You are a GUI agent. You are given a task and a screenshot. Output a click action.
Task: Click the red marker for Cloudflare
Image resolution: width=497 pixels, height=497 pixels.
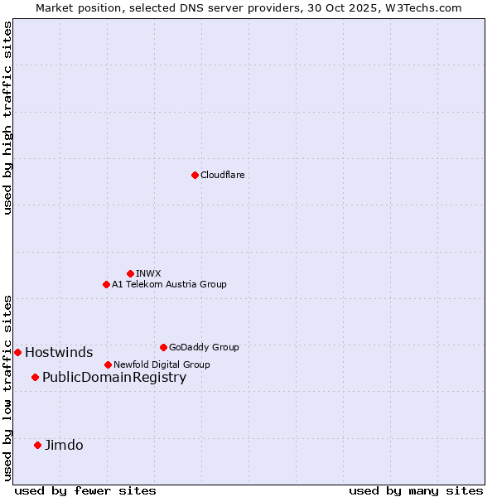[x=195, y=175]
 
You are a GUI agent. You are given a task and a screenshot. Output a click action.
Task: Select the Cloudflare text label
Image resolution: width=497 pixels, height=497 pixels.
[x=222, y=175]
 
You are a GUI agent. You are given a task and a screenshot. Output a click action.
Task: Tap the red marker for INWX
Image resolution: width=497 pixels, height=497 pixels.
[x=130, y=273]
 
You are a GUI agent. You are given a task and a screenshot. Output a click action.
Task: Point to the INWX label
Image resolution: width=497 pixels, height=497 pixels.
[x=148, y=273]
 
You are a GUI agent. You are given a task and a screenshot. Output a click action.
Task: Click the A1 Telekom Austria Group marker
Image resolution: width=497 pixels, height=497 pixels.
[x=106, y=284]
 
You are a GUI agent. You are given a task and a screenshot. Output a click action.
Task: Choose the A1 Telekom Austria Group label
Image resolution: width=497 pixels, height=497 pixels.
[x=169, y=284]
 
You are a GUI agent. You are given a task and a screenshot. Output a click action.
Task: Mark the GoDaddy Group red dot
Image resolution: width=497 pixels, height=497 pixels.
[x=163, y=347]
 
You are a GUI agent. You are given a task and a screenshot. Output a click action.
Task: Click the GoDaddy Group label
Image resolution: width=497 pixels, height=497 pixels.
[x=204, y=347]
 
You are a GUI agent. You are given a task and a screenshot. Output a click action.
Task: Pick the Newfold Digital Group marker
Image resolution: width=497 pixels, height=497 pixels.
[x=108, y=364]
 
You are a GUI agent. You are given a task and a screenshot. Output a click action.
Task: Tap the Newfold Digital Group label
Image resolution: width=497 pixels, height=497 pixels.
[x=162, y=364]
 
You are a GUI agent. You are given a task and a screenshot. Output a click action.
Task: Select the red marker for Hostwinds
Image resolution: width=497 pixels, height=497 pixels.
[x=17, y=352]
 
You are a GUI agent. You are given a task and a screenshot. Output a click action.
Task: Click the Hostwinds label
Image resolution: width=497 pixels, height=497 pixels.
[x=59, y=352]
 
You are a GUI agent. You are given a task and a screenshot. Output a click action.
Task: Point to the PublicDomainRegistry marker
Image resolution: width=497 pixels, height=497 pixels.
[x=35, y=378]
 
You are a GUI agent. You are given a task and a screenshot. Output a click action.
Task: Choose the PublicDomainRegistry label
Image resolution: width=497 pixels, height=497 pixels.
[x=114, y=378]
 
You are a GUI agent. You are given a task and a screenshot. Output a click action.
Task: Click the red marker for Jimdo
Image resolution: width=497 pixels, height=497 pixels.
[x=37, y=445]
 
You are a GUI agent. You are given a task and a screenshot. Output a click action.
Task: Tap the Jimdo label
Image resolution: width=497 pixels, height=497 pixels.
[x=64, y=445]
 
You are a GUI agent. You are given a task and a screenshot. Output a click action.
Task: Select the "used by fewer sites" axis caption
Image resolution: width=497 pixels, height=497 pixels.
[x=85, y=490]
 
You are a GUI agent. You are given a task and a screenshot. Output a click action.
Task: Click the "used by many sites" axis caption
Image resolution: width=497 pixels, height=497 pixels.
[x=416, y=490]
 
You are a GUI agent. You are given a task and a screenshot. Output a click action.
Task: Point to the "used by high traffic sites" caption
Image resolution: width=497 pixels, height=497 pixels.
[x=7, y=118]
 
